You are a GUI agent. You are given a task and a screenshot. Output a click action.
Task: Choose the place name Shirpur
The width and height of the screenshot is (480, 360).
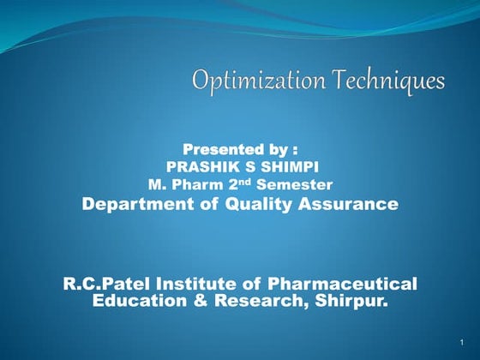coord(351,301)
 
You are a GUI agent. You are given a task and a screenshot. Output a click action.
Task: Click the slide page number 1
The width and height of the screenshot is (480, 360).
coord(461,341)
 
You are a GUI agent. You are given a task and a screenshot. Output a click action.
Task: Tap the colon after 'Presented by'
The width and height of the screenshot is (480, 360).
coord(295,151)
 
